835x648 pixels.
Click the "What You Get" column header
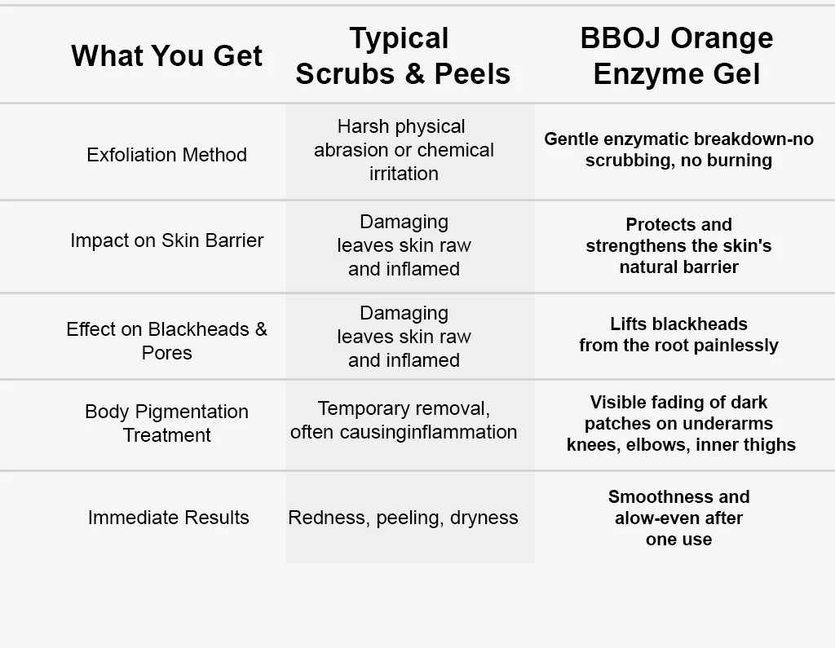coord(166,55)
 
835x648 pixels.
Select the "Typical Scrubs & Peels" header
coord(403,55)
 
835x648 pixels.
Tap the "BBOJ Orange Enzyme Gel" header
coord(677,55)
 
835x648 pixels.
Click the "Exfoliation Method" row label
coord(166,155)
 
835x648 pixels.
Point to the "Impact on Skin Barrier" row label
coord(166,240)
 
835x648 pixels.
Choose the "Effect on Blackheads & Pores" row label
coord(166,341)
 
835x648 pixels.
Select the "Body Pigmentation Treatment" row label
coord(166,423)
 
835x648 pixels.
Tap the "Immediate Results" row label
coord(168,518)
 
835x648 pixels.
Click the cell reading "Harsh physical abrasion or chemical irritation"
coord(404,150)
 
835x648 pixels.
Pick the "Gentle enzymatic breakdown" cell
coord(678,149)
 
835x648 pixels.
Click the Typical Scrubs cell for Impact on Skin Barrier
coord(404,245)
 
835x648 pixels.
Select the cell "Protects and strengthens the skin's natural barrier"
coord(678,245)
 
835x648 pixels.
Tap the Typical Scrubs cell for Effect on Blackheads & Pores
coord(404,337)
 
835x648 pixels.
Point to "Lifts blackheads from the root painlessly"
coord(678,335)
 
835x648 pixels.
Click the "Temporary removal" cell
coord(404,420)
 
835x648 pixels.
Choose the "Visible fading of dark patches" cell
coord(680,423)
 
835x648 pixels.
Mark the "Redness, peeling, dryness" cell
coord(403,518)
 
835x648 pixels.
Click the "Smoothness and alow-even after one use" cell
coord(678,518)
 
